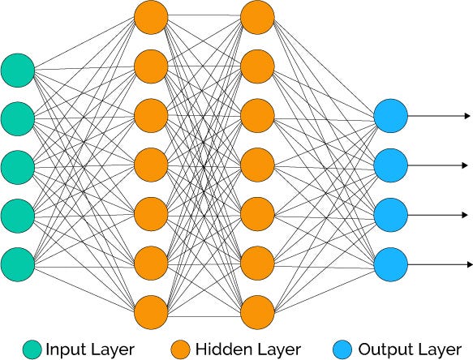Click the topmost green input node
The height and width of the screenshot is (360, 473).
click(x=17, y=70)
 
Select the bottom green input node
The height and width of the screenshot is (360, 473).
click(x=17, y=263)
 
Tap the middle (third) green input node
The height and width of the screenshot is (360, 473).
click(x=17, y=166)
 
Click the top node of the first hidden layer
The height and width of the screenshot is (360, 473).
click(x=151, y=17)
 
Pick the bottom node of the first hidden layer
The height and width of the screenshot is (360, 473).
click(x=151, y=311)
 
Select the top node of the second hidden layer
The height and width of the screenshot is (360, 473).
click(x=257, y=17)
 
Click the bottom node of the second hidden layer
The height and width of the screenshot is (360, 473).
click(x=257, y=311)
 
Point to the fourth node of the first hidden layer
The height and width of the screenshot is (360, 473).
click(x=151, y=165)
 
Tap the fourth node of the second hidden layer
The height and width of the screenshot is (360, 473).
click(x=257, y=165)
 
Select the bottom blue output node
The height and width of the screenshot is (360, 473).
click(x=390, y=264)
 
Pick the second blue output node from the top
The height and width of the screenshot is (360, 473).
click(x=390, y=166)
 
